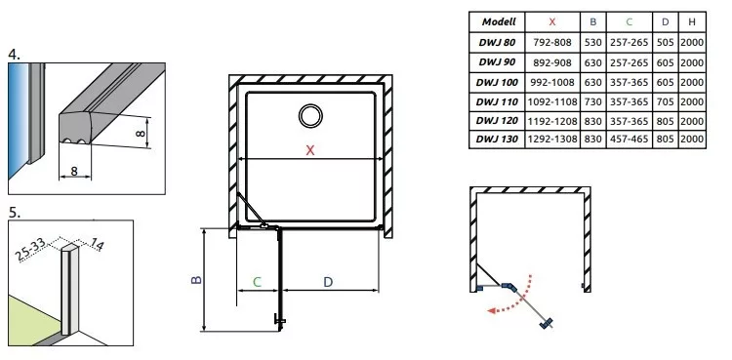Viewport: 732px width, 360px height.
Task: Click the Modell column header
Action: pos(499,21)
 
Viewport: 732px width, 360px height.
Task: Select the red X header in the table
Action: pos(552,21)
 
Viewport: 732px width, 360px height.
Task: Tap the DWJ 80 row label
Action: pos(497,43)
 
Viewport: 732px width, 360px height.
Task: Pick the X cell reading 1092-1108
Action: pos(552,101)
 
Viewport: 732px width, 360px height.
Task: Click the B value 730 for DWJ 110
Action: pos(592,101)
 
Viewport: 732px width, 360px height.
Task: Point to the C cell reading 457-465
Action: pos(629,140)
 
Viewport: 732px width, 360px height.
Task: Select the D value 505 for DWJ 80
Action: pos(665,43)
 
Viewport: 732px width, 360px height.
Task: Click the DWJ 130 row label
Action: pos(497,140)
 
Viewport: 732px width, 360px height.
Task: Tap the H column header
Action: pos(692,21)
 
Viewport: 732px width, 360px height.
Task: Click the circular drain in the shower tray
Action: pos(310,115)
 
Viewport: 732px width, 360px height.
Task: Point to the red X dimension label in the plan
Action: pos(310,150)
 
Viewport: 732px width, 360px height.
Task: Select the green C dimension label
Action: pos(258,282)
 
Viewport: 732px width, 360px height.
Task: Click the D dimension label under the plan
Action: pos(328,282)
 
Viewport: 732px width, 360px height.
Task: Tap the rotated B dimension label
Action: pos(196,279)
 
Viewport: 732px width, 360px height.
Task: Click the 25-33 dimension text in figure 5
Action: pos(31,250)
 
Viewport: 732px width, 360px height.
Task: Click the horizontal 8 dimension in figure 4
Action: pos(74,172)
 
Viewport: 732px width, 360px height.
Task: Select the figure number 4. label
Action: pos(15,55)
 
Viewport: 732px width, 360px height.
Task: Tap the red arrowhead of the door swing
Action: pos(491,311)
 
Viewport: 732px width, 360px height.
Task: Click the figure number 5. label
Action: pos(15,213)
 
